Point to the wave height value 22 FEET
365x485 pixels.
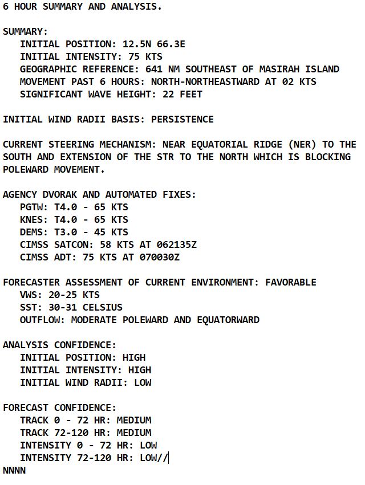[182, 95]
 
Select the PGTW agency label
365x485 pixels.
[31, 207]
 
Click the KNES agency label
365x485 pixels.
[31, 220]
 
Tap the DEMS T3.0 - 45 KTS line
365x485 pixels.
[74, 233]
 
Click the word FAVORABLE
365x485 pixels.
[290, 283]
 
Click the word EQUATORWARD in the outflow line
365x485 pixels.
[228, 320]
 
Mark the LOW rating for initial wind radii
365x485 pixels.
[142, 383]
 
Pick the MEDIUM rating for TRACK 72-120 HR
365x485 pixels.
[133, 433]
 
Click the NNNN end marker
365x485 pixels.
[14, 471]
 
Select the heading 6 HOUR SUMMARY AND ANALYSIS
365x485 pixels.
[82, 7]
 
